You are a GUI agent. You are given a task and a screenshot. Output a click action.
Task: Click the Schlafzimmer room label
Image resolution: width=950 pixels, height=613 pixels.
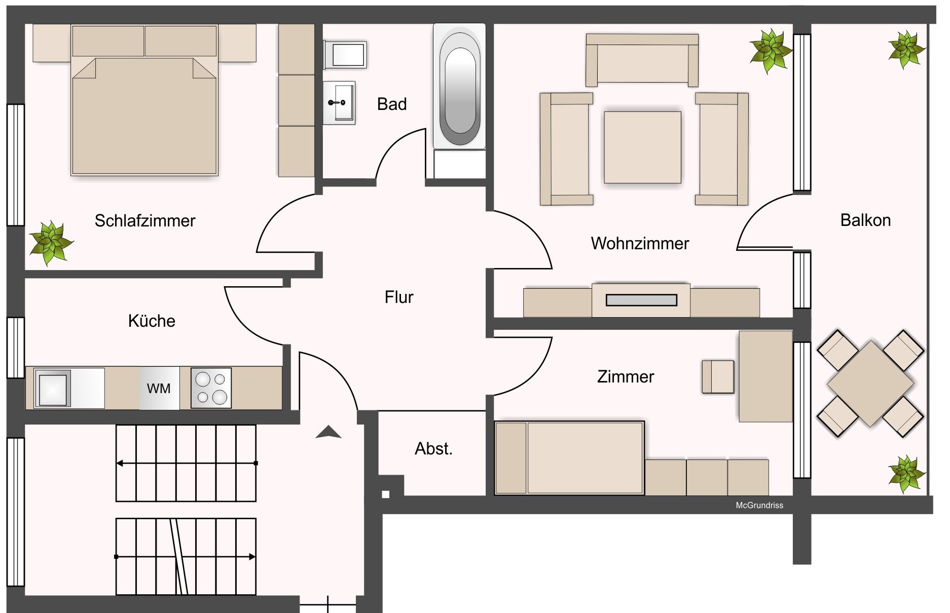click(x=145, y=221)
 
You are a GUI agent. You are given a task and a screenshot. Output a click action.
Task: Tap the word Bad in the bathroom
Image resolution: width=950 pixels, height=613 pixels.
click(x=392, y=104)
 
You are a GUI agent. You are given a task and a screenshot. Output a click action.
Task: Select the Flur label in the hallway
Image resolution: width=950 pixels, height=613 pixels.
click(x=399, y=297)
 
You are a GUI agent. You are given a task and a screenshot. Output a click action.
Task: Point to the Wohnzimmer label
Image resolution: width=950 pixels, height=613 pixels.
click(x=640, y=244)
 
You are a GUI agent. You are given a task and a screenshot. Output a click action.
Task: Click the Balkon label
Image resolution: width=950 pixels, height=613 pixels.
click(x=865, y=220)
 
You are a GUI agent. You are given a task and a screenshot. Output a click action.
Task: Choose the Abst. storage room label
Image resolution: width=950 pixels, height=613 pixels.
click(x=433, y=449)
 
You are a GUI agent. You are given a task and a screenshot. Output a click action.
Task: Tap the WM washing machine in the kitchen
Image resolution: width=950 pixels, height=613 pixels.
click(x=159, y=388)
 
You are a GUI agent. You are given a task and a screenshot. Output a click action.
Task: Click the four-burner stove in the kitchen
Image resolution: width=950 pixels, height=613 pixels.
click(x=211, y=388)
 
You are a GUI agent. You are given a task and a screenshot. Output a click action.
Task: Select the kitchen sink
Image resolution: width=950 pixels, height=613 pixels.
click(x=53, y=388)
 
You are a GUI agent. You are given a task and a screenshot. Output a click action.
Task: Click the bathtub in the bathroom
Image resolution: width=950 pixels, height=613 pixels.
click(x=459, y=87)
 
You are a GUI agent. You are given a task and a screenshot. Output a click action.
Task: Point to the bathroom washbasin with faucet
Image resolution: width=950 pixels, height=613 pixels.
click(x=339, y=103)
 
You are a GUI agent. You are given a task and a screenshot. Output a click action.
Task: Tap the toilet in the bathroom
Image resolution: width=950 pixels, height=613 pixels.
click(x=345, y=55)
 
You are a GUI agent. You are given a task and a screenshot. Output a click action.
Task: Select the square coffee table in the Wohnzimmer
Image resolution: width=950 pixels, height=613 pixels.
click(x=642, y=147)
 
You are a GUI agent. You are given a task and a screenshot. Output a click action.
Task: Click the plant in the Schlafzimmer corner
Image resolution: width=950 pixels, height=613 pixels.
click(x=50, y=243)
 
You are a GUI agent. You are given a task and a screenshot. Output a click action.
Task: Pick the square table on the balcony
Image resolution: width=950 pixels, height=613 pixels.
click(x=870, y=384)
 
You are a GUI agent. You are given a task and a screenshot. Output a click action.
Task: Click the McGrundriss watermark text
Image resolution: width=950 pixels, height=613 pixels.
click(x=759, y=505)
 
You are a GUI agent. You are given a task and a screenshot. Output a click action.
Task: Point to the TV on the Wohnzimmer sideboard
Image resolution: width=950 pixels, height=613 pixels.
click(x=641, y=300)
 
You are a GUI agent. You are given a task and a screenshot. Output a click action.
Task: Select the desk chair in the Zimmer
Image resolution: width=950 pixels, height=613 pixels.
click(x=718, y=377)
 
